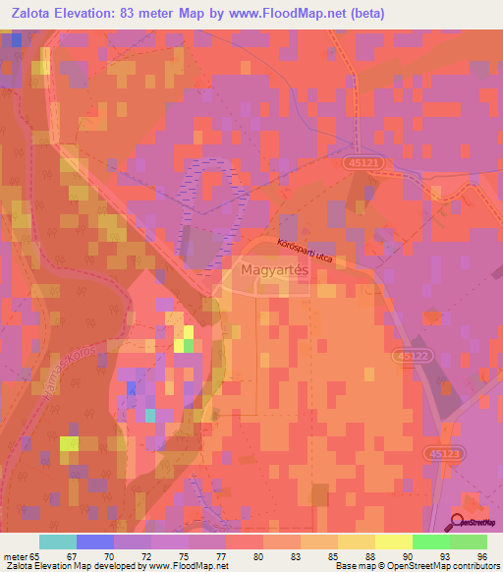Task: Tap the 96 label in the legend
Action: click(x=481, y=556)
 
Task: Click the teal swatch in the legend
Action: click(x=58, y=542)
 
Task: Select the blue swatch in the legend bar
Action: click(x=95, y=542)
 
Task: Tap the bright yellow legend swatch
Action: click(x=394, y=542)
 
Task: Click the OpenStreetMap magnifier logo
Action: click(x=459, y=521)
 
